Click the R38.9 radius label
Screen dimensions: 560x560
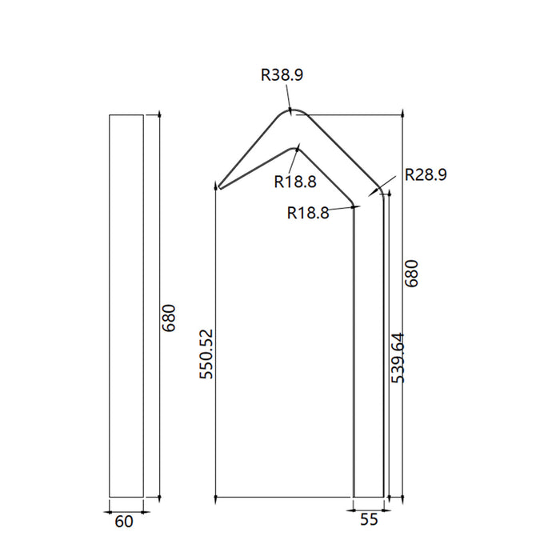[x=282, y=76]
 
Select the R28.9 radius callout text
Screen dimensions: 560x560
[x=426, y=174]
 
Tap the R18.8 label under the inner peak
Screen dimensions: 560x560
[x=295, y=182]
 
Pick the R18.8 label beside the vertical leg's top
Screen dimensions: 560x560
[x=308, y=213]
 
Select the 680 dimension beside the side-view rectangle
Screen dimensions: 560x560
[x=169, y=318]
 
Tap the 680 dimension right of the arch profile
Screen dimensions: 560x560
[x=412, y=274]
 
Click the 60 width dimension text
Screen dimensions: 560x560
[x=124, y=522]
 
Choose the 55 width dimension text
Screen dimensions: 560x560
[x=369, y=520]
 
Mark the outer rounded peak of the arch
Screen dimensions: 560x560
[x=291, y=110]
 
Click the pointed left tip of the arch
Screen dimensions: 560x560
[x=219, y=188]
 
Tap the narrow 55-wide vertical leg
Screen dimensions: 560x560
[x=368, y=352]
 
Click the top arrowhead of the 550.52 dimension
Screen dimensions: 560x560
[x=217, y=186]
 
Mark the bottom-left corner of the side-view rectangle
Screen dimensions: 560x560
[x=110, y=497]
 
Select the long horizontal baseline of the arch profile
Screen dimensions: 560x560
[x=284, y=497]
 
